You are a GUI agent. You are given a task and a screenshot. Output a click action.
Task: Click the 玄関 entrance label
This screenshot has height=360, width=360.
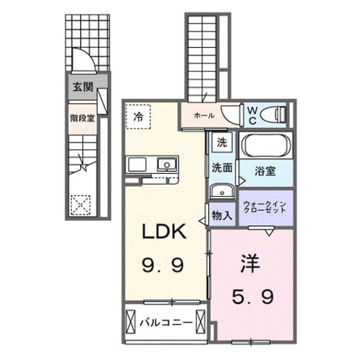click(x=83, y=87)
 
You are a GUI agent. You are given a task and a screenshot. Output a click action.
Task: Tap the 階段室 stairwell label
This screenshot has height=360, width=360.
click(x=82, y=118)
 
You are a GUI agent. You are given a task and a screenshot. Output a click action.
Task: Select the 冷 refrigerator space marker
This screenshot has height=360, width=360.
click(x=138, y=117)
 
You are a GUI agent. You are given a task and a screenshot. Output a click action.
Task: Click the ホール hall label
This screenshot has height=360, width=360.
click(x=204, y=115)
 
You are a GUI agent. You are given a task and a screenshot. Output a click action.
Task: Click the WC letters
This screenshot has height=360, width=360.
click(x=253, y=116)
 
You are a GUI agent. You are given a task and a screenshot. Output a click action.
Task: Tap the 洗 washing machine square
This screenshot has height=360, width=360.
click(x=222, y=143)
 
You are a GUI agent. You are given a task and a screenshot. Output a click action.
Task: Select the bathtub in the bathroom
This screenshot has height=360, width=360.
click(x=266, y=145)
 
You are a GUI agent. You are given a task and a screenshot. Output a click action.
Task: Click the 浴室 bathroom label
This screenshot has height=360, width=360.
click(x=265, y=171)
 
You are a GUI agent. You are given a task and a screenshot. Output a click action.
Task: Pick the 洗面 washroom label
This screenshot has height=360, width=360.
click(x=222, y=167)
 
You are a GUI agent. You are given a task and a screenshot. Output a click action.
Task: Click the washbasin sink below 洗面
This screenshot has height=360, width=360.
click(x=222, y=191)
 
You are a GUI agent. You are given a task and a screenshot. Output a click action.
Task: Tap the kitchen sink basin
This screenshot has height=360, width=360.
click(x=167, y=165)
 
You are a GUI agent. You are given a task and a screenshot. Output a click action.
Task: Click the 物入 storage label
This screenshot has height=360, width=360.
click(x=222, y=215)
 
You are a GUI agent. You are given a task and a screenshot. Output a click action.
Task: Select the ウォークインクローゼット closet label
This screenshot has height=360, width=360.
click(x=265, y=207)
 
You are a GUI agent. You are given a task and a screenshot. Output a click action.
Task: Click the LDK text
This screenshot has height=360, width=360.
click(x=164, y=231)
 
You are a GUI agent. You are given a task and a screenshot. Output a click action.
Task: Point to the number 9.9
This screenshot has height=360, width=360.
click(x=163, y=265)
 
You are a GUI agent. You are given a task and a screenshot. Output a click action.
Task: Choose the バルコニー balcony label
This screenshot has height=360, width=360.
click(x=166, y=323)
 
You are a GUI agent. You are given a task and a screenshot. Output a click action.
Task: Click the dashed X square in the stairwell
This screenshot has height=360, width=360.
click(x=81, y=205)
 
